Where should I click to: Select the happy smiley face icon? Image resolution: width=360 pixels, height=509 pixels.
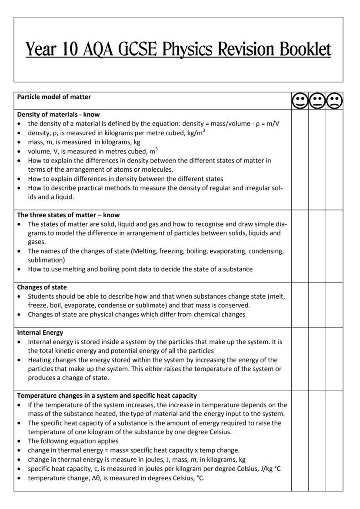(x=300, y=101)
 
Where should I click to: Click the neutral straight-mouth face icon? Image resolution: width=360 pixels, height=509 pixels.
(x=317, y=101)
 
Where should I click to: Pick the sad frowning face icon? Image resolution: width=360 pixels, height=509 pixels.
(x=334, y=101)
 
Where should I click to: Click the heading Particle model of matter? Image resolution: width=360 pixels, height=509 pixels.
(x=54, y=96)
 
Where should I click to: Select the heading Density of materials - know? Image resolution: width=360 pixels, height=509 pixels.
(x=58, y=115)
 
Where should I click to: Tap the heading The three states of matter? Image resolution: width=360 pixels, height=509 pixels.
(x=68, y=215)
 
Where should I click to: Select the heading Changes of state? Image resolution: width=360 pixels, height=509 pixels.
(x=42, y=287)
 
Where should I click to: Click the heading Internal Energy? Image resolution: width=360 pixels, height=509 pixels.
(x=40, y=333)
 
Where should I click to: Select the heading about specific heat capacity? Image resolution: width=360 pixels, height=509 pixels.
(x=107, y=396)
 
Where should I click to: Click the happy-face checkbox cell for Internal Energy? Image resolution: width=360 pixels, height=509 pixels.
(x=300, y=359)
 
